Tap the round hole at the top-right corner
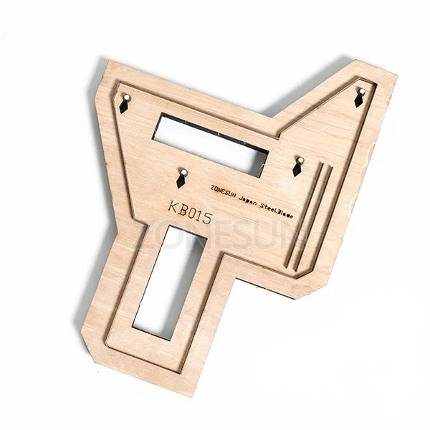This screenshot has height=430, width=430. (x=360, y=90)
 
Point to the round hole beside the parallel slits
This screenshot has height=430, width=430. (x=300, y=160)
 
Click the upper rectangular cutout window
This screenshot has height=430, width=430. (x=212, y=143)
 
